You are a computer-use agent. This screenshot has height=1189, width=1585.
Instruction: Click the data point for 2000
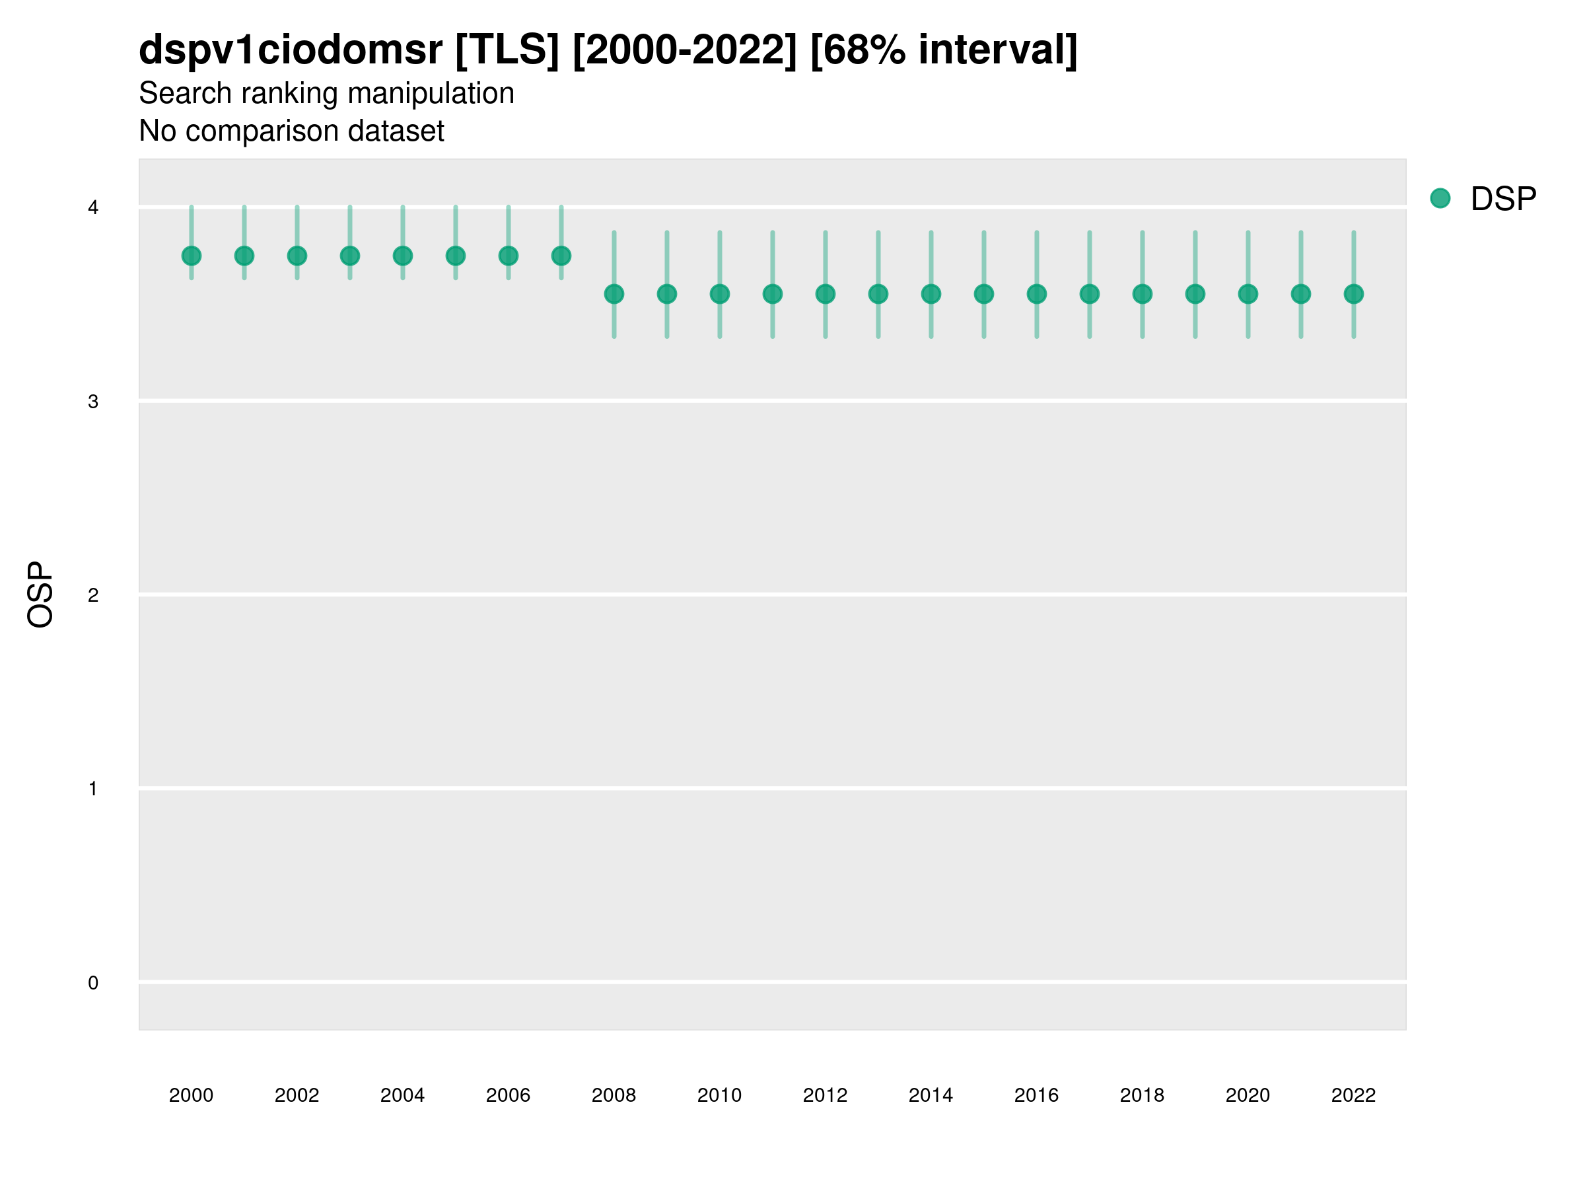tap(192, 256)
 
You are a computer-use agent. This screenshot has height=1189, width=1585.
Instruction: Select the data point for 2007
tap(561, 256)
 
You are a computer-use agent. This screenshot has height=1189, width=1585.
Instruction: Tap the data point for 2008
tap(614, 294)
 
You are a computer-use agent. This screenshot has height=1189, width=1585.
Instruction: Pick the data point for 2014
tap(931, 294)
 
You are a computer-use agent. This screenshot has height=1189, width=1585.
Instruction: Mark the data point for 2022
tap(1354, 294)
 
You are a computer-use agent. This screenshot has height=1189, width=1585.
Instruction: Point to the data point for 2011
tap(773, 294)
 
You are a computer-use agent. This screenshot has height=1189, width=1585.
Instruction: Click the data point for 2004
tap(403, 256)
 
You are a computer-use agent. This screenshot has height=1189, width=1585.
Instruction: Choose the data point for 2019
tap(1195, 294)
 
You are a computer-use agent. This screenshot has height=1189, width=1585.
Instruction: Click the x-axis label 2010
tap(719, 1095)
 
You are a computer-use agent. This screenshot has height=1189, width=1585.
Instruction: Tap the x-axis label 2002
tap(297, 1095)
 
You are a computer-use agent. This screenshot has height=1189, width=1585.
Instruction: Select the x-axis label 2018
tap(1142, 1095)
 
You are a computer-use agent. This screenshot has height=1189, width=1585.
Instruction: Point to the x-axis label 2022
tap(1354, 1095)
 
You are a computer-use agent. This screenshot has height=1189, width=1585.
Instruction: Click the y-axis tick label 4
tap(93, 208)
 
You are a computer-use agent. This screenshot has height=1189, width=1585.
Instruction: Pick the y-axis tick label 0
tap(93, 984)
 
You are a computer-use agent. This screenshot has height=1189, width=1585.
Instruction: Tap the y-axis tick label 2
tap(93, 596)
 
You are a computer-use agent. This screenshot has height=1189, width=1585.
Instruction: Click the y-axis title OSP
tap(40, 595)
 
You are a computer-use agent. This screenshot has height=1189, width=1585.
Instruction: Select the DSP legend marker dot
tap(1440, 199)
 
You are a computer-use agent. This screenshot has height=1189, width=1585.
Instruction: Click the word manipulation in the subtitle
tap(431, 94)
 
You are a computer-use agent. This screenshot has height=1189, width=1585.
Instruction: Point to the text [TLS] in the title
tap(507, 50)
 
